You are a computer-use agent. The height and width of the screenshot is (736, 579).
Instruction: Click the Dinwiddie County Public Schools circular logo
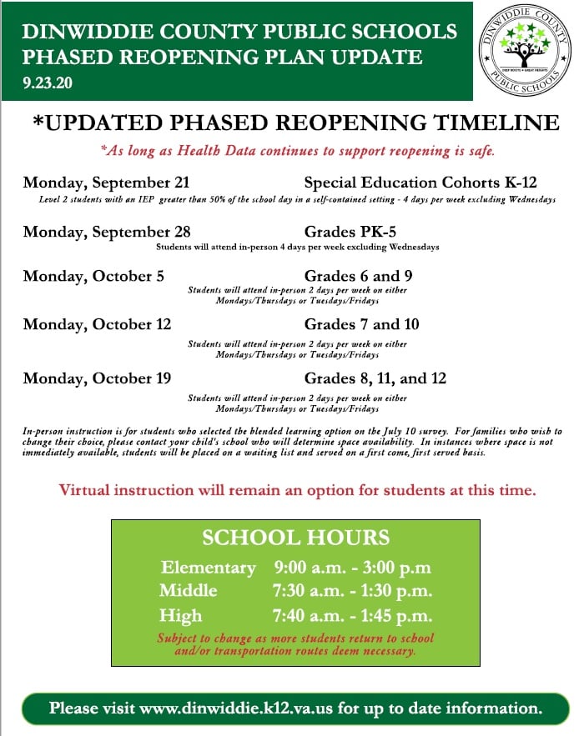[x=525, y=52]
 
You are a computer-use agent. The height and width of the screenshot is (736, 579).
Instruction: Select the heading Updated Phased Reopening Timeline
[x=295, y=123]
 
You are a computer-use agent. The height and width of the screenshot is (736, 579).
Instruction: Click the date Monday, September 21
[x=107, y=183]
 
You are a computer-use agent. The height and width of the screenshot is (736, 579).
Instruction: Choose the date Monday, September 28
[x=107, y=231]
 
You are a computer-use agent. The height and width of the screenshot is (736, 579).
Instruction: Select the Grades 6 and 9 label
[x=359, y=276]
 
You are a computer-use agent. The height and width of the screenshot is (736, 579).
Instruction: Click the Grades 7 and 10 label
[x=361, y=324]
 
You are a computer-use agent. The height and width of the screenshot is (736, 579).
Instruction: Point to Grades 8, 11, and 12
[x=375, y=378]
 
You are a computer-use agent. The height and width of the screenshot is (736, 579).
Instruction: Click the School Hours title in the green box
[x=295, y=538]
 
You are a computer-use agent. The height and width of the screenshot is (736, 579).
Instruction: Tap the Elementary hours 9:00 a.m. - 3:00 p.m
[x=352, y=568]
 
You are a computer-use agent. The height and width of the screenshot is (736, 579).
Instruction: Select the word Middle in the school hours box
[x=189, y=591]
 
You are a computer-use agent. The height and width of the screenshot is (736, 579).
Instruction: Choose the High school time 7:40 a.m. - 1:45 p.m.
[x=352, y=616]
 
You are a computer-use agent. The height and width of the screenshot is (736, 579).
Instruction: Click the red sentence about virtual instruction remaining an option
[x=297, y=490]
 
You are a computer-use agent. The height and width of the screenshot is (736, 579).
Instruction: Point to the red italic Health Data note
[x=297, y=151]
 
